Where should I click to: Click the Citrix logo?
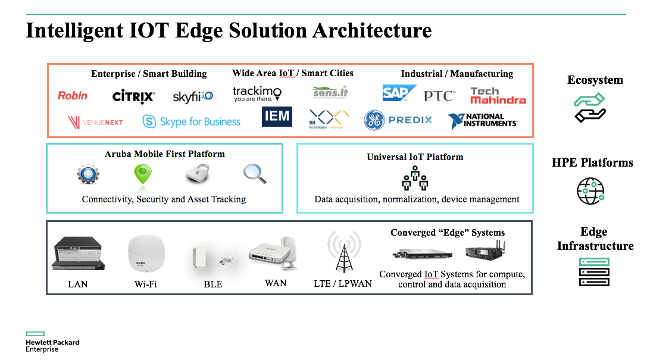[133, 96]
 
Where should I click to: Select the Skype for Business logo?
[192, 122]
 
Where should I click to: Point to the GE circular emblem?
[375, 120]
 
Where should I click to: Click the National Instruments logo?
[483, 121]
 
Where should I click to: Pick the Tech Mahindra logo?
[498, 96]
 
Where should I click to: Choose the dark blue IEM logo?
[277, 116]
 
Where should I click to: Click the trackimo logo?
[257, 94]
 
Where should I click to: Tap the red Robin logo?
[73, 95]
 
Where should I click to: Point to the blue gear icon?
[88, 174]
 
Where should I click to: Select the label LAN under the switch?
[77, 284]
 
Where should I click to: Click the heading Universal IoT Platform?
[415, 157]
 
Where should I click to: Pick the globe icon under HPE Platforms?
[590, 190]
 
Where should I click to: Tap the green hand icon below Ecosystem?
[589, 108]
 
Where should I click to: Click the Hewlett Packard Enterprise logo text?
[52, 346]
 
